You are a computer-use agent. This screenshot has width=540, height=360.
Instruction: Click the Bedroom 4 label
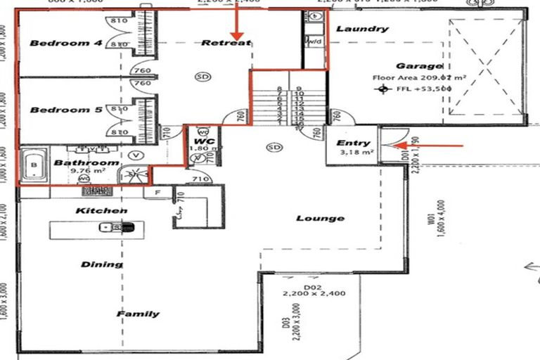(66, 44)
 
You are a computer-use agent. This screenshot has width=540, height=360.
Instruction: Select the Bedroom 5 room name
(66, 110)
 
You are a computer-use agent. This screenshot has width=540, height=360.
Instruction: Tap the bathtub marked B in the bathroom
(32, 167)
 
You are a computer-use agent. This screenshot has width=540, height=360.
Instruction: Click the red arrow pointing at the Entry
(429, 146)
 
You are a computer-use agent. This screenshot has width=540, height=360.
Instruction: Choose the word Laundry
(361, 29)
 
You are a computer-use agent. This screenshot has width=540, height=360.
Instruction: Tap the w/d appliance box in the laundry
(314, 41)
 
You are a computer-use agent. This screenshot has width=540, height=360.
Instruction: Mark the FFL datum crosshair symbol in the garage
(382, 89)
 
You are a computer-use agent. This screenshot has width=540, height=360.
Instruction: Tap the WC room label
(200, 141)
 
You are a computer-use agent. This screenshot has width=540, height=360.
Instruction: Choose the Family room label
(138, 314)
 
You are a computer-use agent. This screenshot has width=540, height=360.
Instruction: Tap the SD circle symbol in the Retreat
(203, 76)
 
